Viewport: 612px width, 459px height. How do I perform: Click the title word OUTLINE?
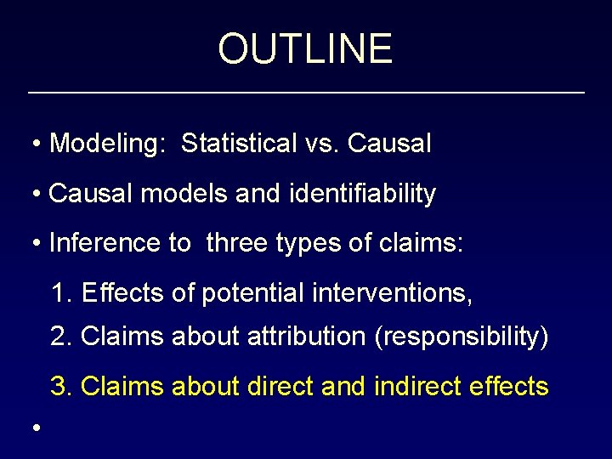(305, 48)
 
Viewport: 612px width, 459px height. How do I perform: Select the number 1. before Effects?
(62, 294)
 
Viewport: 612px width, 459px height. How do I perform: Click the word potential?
(252, 294)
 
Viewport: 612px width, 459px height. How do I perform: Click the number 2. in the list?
(62, 337)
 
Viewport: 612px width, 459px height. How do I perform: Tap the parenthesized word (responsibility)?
(462, 337)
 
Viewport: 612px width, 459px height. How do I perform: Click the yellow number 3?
(62, 387)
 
